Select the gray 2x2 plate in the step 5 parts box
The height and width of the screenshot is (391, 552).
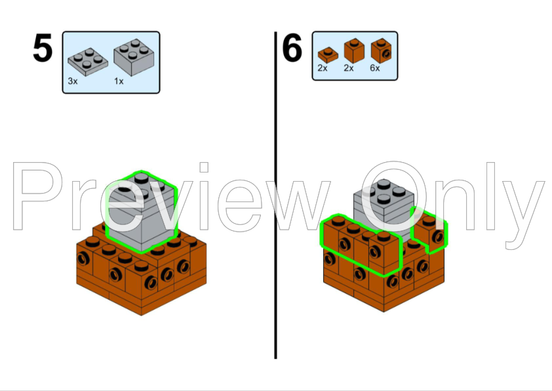(88, 62)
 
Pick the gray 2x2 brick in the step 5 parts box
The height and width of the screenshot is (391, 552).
(134, 58)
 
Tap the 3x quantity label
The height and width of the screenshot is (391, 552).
(73, 81)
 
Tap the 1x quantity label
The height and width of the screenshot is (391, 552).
(119, 81)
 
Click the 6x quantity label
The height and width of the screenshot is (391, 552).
(375, 68)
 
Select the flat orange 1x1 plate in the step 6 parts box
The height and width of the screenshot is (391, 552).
(328, 55)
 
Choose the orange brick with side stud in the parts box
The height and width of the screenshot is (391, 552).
(382, 51)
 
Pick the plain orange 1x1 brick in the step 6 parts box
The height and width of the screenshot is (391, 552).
(354, 51)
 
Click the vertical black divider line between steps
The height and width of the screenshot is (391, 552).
(275, 195)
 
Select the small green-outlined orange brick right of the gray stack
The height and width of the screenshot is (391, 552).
(429, 231)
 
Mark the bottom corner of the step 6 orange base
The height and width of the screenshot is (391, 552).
(384, 312)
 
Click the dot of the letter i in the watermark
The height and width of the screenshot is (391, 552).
(204, 167)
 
